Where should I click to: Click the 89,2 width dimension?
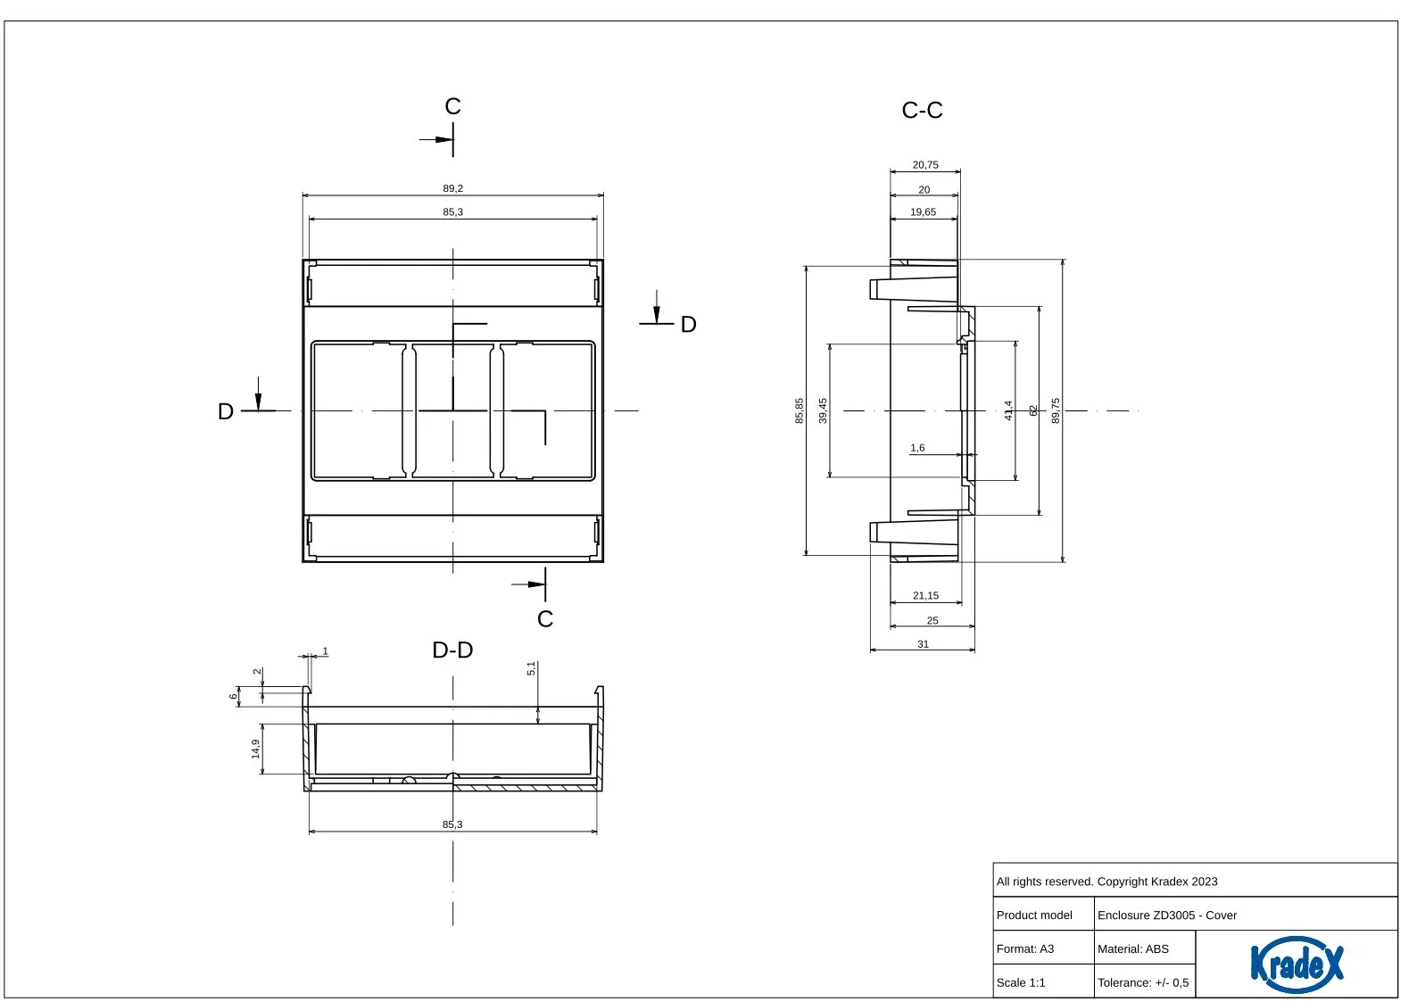(x=452, y=188)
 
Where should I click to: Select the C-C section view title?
(x=922, y=111)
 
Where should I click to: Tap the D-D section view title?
(x=452, y=650)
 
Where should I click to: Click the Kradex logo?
(x=1296, y=964)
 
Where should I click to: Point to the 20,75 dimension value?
(x=924, y=165)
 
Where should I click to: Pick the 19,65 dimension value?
(x=923, y=212)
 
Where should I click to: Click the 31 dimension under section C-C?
(x=923, y=644)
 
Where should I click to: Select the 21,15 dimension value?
(x=925, y=596)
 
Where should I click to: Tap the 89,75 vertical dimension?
(x=1056, y=410)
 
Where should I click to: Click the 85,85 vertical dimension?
(x=800, y=410)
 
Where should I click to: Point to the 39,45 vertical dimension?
(x=823, y=410)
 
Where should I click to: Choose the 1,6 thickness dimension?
(x=917, y=448)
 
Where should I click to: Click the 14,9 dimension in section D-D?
(x=256, y=749)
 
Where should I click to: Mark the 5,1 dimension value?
(x=531, y=668)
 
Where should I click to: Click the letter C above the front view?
(x=452, y=107)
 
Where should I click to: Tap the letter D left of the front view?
(x=226, y=411)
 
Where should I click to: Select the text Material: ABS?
(x=1132, y=948)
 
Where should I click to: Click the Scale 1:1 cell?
(x=1021, y=982)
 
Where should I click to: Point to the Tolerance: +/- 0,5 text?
(x=1142, y=982)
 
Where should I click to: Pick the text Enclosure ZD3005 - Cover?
(x=1166, y=915)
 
